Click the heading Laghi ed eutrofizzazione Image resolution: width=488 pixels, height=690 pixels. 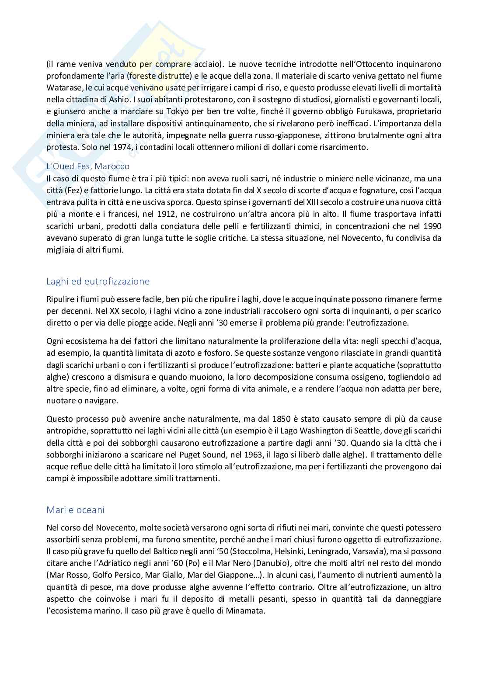[x=98, y=281]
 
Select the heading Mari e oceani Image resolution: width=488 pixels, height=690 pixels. [x=75, y=510]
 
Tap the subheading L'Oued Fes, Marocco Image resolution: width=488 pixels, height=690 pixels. [x=88, y=166]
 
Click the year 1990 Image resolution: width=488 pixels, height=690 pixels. [x=432, y=226]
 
